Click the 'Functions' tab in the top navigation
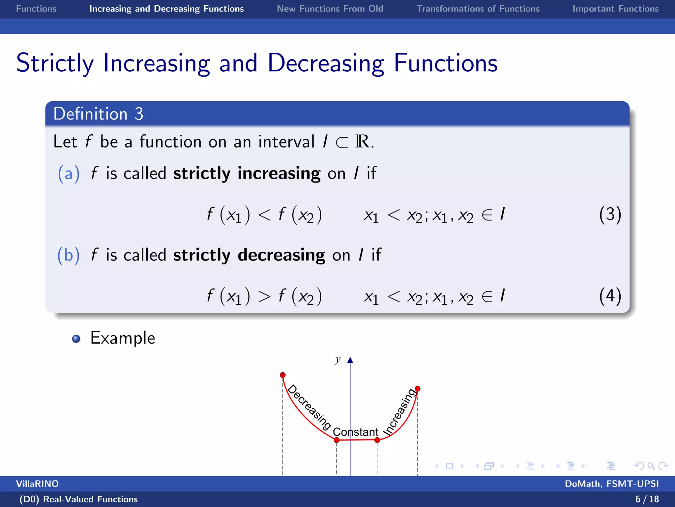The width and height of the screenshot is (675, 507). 36,9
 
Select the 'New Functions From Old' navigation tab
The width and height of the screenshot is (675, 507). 330,9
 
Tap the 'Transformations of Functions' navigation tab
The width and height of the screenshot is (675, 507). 478,9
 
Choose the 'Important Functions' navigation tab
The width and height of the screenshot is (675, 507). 615,9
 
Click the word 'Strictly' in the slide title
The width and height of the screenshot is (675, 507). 55,63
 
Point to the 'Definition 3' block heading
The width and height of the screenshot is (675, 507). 98,114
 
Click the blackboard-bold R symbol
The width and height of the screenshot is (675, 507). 362,142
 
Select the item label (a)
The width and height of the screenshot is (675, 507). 69,174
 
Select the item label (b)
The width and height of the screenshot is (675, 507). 69,255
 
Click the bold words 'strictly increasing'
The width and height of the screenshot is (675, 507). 247,174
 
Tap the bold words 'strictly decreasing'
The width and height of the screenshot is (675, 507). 249,255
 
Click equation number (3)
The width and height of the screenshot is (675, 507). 610,215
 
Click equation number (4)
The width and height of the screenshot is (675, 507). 610,296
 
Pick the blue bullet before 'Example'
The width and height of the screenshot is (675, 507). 76,339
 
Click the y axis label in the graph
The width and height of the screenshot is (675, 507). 337,359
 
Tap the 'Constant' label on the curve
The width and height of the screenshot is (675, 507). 355,432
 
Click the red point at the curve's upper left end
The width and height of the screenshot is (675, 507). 283,375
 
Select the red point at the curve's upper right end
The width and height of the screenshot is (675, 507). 418,389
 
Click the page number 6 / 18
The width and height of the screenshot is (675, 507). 647,499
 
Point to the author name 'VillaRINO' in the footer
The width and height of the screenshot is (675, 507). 37,484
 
